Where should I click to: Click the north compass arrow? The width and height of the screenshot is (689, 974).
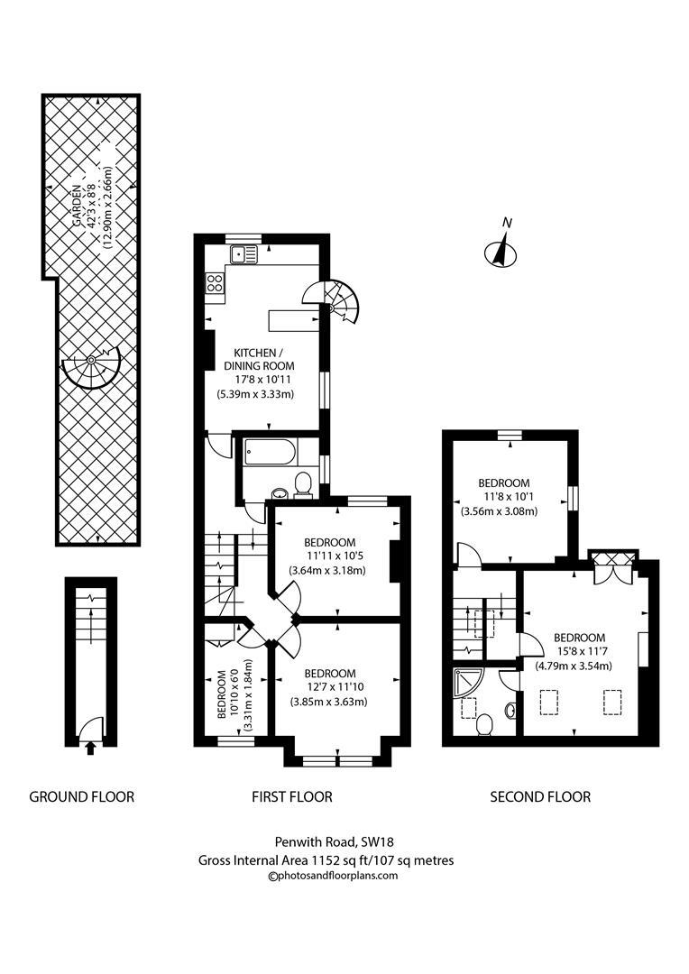(x=500, y=250)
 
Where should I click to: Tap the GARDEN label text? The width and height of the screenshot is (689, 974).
(x=78, y=206)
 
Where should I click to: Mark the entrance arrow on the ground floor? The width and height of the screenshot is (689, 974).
(x=89, y=746)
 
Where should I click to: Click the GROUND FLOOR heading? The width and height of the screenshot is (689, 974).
(x=82, y=796)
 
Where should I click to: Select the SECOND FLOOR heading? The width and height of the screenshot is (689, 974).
(x=540, y=796)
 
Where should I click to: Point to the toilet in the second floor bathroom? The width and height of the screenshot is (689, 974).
(x=484, y=722)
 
